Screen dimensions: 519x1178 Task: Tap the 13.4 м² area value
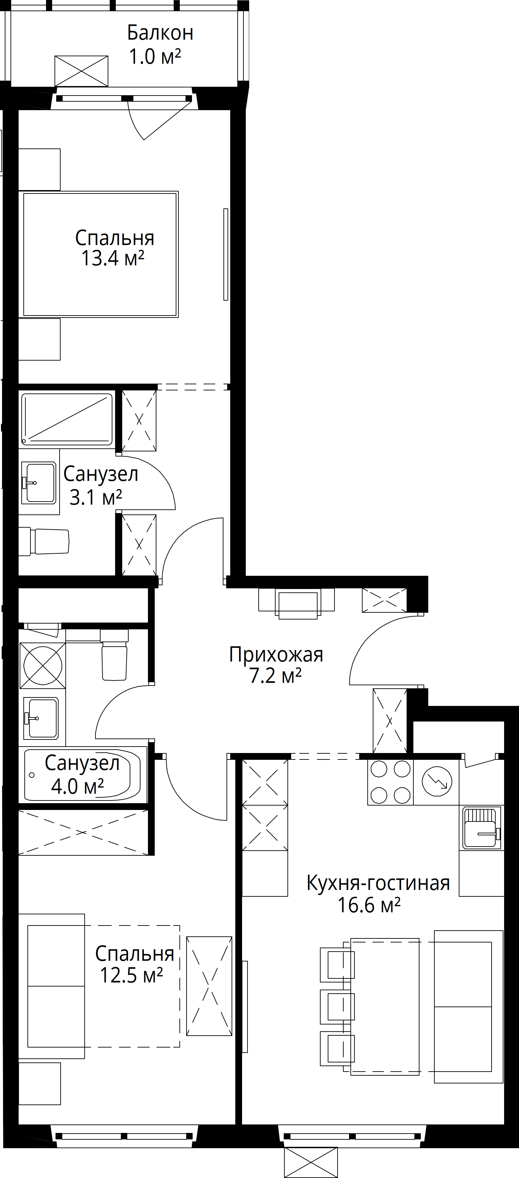(112, 258)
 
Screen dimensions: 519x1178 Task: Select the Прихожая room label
(276, 655)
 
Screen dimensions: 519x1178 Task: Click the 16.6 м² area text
(369, 905)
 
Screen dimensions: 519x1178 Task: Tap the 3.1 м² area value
(95, 497)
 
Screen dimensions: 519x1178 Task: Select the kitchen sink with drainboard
(481, 828)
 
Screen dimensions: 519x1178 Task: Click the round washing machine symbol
(43, 665)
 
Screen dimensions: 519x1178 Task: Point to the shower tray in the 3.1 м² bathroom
(67, 419)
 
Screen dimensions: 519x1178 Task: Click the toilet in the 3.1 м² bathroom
(44, 542)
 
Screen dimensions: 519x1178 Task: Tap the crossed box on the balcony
(81, 71)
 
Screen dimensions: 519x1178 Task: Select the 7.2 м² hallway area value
(276, 676)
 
